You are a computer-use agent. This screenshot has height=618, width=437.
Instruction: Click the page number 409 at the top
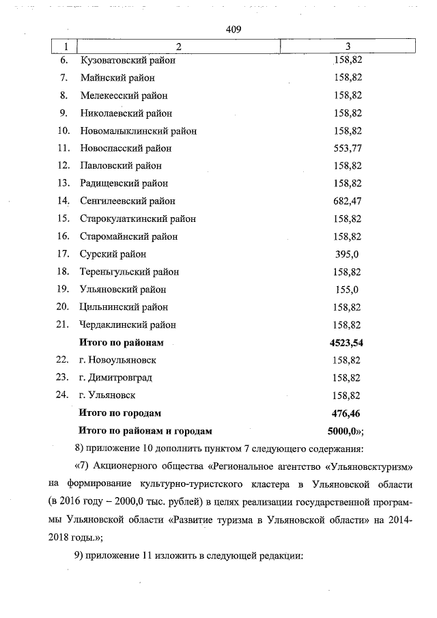coord(234,29)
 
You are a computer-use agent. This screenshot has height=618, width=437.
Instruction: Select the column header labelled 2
coord(179,46)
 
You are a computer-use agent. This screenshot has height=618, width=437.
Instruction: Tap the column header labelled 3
coord(348,46)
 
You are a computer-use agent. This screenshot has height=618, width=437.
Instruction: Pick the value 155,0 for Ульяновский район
coord(348,290)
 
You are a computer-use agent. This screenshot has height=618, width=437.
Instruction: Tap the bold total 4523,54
coord(347,342)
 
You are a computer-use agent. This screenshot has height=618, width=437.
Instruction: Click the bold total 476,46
coord(347,413)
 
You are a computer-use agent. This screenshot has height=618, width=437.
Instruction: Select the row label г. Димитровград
coord(115,378)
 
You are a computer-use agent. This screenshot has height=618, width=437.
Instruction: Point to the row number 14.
coord(65,201)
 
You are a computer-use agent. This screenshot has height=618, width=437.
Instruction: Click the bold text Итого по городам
coord(120,413)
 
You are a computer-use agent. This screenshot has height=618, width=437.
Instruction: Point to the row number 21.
coord(64,324)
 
